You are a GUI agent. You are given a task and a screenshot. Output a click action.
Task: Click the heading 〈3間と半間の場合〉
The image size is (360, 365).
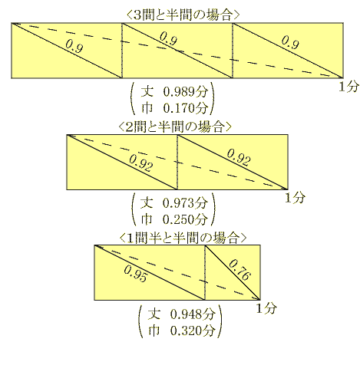click(x=183, y=15)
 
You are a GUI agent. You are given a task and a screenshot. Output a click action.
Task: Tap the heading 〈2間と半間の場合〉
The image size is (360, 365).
click(x=175, y=127)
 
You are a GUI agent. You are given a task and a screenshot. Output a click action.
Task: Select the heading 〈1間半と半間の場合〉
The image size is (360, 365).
click(x=183, y=238)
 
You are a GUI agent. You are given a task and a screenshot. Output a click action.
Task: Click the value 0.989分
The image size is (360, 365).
click(x=185, y=91)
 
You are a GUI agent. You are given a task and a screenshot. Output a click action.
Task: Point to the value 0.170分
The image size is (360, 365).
click(x=185, y=107)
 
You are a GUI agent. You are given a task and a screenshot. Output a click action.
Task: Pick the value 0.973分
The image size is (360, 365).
click(x=185, y=203)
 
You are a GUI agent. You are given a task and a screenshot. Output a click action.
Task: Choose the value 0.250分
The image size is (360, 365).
click(x=185, y=219)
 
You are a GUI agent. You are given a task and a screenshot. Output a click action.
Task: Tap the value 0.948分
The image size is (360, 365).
click(x=192, y=314)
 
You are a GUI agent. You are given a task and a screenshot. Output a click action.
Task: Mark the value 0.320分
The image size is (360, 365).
click(x=192, y=330)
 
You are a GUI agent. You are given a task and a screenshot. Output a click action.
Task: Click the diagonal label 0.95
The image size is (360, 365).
click(x=136, y=274)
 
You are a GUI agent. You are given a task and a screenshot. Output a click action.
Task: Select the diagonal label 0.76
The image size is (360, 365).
click(x=239, y=270)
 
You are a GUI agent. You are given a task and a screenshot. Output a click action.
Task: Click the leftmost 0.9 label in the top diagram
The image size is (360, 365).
click(x=74, y=45)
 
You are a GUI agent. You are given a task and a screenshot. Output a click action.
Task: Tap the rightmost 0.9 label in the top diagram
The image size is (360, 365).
click(x=290, y=41)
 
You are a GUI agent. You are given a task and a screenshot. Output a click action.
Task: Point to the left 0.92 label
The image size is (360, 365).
click(x=141, y=163)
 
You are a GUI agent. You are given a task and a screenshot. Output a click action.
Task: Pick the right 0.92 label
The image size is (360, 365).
click(x=239, y=157)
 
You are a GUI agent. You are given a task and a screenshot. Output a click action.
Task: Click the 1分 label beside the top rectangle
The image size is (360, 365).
click(x=348, y=87)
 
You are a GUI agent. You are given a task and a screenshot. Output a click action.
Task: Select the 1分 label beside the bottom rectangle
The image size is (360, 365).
click(x=266, y=308)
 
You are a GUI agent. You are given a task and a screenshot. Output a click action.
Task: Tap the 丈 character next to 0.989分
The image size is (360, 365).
click(x=147, y=91)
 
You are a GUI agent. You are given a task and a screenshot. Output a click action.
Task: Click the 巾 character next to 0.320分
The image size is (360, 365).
click(x=154, y=330)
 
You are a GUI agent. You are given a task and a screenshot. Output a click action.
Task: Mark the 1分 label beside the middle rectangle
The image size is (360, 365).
click(x=296, y=198)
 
